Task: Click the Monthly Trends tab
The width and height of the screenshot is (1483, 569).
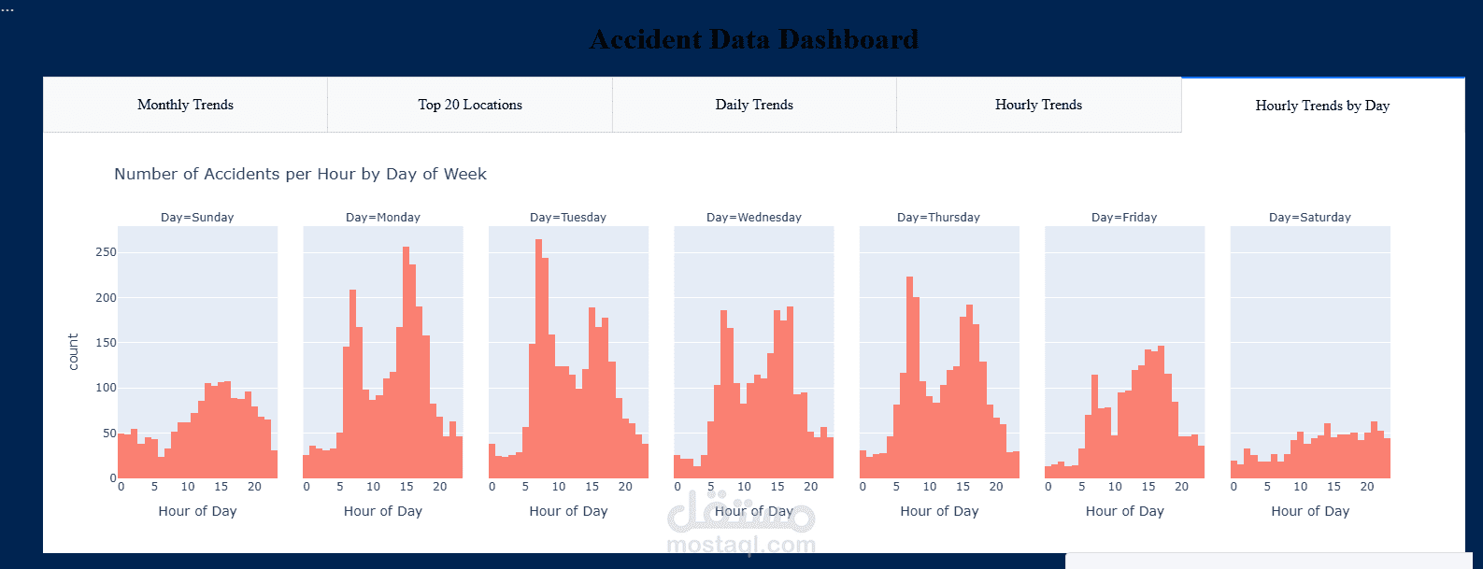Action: point(185,105)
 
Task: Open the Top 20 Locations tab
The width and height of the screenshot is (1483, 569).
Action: point(470,105)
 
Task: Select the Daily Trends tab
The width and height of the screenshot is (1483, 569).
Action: point(754,105)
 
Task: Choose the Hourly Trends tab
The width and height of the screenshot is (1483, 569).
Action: point(1038,105)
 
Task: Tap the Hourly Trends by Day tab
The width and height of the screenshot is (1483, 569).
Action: point(1322,106)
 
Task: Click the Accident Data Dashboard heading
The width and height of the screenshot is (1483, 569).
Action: point(754,39)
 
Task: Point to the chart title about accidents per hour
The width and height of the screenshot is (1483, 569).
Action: point(300,174)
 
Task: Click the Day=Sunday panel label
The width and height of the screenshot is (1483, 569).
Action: point(197,217)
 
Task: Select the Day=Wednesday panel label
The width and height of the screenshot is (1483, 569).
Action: point(754,217)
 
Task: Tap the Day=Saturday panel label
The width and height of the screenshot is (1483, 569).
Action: point(1310,217)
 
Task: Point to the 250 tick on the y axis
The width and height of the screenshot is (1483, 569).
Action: point(106,252)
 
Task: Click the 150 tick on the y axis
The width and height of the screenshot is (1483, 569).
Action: point(106,343)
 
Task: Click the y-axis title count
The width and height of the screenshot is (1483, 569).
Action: point(74,352)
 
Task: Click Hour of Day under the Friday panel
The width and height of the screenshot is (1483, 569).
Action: point(1124,511)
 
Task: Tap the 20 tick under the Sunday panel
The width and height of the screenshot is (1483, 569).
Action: point(254,487)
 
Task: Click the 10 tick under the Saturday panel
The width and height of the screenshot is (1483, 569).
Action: point(1300,487)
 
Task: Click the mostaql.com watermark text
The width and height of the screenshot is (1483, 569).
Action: point(741,545)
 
